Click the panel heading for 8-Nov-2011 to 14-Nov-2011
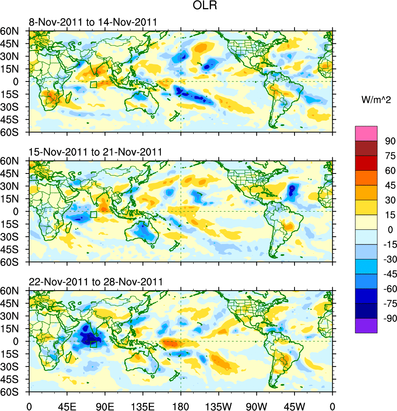pos(93,22)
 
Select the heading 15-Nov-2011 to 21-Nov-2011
pos(96,152)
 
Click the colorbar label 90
pos(389,141)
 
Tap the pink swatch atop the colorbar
pos(366,133)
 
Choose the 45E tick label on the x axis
pos(67,405)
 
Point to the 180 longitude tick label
pos(181,405)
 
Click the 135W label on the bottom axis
pos(218,405)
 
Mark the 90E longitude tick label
pos(105,405)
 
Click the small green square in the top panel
pos(94,85)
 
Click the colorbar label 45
pos(389,185)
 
